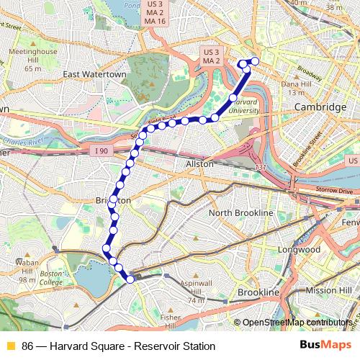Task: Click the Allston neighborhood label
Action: [x=201, y=164]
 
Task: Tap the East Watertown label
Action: [x=94, y=74]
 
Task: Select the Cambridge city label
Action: [x=320, y=107]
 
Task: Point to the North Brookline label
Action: [x=240, y=213]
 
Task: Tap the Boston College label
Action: [x=51, y=278]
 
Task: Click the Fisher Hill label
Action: [x=171, y=317]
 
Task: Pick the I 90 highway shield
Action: [x=104, y=150]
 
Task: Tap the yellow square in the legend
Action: [x=9, y=346]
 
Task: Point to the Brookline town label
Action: [x=258, y=293]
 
